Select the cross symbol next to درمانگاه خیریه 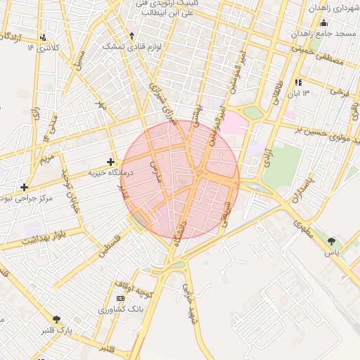point(110,162)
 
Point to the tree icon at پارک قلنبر point(56,319)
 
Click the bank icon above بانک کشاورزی point(120,299)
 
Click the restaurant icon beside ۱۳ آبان point(298,82)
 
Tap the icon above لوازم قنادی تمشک point(131,35)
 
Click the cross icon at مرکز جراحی point(25,187)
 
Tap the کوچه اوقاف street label point(131,287)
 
